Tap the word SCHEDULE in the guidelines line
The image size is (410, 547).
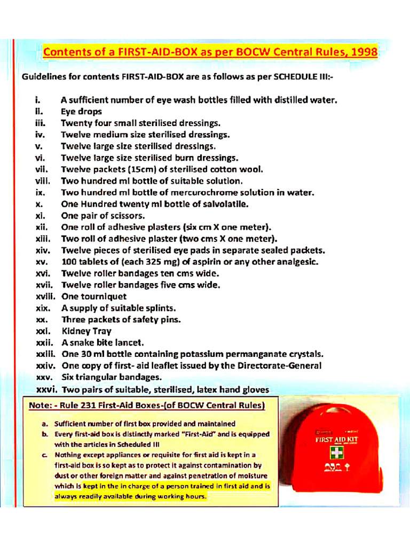(295, 76)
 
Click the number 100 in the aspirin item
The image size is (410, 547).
(69, 262)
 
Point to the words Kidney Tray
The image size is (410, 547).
(86, 331)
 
